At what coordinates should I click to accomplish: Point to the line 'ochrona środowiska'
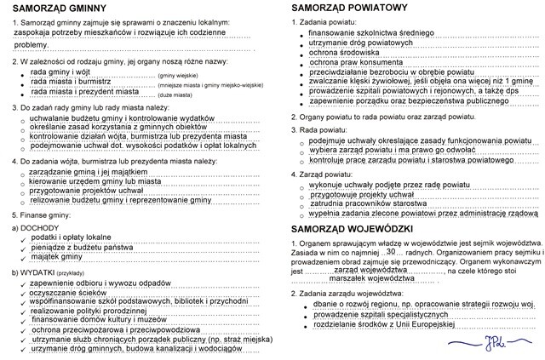pyautogui.click(x=347, y=53)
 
